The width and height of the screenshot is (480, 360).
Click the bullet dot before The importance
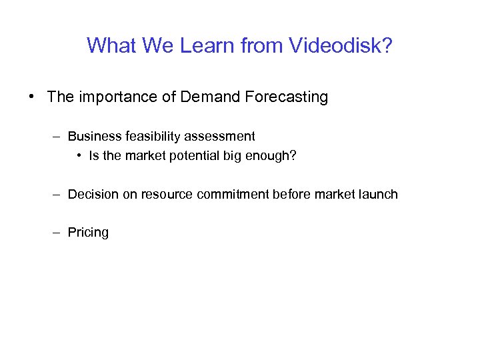(x=32, y=97)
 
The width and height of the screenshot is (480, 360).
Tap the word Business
(x=94, y=137)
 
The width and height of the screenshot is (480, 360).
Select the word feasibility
(x=151, y=137)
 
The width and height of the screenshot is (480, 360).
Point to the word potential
(x=185, y=157)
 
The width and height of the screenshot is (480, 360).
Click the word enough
(x=273, y=157)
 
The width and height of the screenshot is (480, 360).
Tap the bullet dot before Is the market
(x=79, y=157)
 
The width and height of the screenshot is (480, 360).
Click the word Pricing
(x=88, y=233)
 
